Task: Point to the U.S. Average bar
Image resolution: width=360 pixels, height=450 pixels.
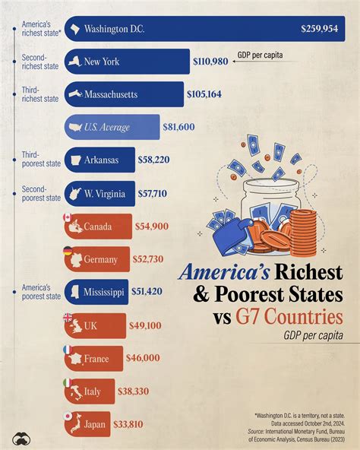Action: pos(112,127)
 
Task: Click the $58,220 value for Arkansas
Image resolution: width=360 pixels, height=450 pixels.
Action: pos(158,160)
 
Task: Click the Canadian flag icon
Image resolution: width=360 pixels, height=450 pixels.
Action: pos(68,218)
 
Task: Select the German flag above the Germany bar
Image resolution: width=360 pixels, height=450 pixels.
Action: pos(68,251)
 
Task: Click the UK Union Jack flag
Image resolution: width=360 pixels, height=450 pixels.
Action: pos(68,317)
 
